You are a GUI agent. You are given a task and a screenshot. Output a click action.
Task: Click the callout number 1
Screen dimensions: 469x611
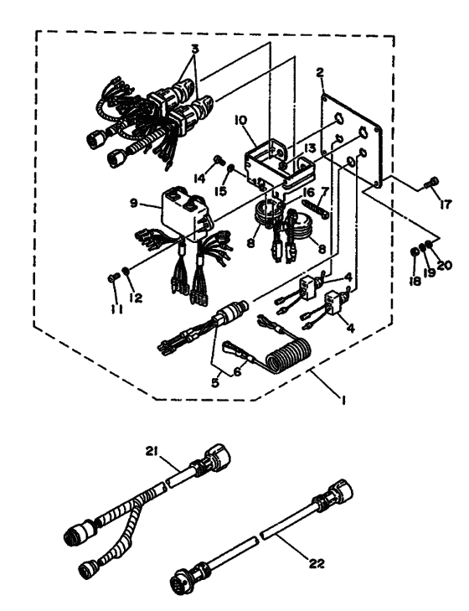click(343, 400)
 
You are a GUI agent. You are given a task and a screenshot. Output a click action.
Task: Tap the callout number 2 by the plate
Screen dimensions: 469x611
click(320, 72)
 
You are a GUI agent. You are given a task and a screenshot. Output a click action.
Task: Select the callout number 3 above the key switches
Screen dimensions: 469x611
click(195, 49)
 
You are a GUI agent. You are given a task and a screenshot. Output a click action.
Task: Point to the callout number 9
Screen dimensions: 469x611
click(134, 203)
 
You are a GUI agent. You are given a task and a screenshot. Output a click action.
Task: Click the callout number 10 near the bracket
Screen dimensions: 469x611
click(240, 120)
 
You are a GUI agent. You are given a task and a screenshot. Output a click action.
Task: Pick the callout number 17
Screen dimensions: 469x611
click(445, 204)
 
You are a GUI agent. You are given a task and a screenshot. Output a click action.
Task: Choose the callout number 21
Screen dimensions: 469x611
click(152, 452)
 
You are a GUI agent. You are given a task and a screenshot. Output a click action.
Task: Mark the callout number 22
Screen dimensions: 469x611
click(317, 563)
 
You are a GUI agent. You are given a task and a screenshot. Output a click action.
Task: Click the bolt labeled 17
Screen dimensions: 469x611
click(431, 181)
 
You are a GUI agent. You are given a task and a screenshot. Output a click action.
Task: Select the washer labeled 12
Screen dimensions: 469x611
click(126, 271)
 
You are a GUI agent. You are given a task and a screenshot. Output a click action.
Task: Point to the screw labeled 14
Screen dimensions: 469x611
click(219, 159)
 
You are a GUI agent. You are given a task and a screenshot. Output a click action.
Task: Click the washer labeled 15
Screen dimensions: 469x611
click(230, 168)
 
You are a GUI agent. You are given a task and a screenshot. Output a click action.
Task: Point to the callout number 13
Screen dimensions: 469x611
click(310, 148)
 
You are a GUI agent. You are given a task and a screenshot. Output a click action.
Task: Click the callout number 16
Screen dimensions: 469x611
click(309, 193)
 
